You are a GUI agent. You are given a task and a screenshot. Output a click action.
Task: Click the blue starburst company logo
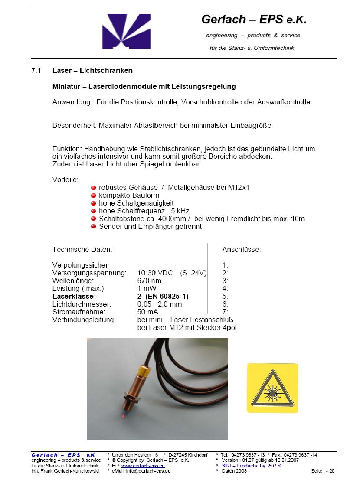120,31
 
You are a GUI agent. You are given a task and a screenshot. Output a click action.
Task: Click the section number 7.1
36,70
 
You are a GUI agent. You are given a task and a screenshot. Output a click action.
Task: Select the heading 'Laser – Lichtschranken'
92,70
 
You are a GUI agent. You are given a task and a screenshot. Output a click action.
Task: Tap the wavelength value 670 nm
150,281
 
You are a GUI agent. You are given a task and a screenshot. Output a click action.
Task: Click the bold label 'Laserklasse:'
74,296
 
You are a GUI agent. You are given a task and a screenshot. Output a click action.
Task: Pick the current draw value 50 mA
147,312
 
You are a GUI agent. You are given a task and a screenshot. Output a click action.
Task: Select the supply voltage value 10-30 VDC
155,273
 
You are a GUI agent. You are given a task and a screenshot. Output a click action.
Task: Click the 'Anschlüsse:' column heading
242,250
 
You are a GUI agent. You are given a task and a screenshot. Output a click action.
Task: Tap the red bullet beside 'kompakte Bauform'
93,195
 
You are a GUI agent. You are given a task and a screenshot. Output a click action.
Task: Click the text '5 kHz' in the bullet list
180,211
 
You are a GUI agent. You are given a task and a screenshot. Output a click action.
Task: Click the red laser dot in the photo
123,416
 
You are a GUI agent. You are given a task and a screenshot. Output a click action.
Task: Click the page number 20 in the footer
332,471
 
